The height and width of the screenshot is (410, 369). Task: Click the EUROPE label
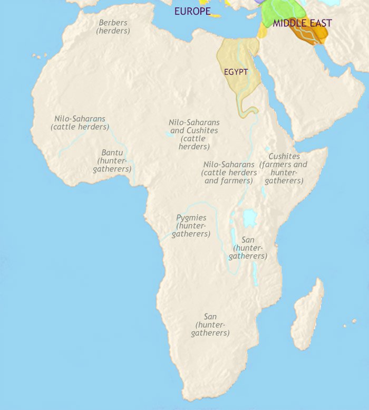click(192, 11)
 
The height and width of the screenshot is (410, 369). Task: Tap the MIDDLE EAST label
click(302, 23)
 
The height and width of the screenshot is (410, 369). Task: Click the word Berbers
click(113, 23)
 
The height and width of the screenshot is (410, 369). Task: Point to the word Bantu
click(112, 153)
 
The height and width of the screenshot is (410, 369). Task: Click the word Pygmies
click(191, 217)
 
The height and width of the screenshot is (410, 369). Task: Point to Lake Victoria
click(248, 216)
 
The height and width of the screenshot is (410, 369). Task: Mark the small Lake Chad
click(170, 135)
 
